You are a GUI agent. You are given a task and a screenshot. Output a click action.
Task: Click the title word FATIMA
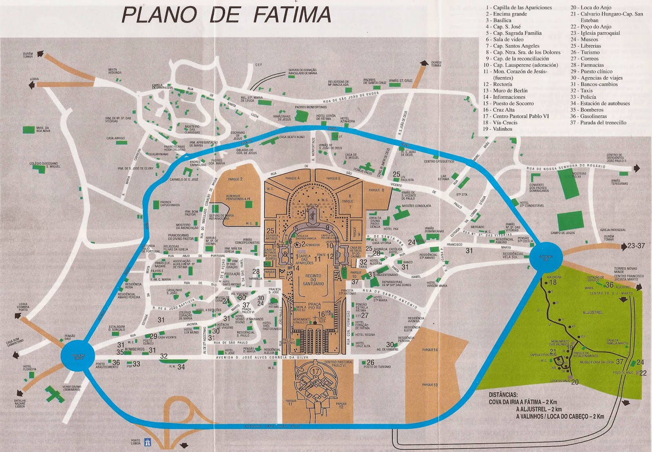click(292, 15)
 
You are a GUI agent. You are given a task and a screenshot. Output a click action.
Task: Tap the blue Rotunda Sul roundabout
click(546, 257)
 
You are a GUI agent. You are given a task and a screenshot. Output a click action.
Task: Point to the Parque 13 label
click(430, 385)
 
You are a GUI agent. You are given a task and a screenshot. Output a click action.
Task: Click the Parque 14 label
click(430, 350)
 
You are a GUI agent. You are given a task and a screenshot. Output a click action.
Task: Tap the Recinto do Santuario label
click(313, 280)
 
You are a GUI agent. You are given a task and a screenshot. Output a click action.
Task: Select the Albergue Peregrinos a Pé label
click(238, 197)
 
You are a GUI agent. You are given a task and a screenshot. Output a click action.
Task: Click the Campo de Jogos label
click(563, 233)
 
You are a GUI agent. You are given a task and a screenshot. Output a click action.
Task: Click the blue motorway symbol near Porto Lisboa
click(148, 442)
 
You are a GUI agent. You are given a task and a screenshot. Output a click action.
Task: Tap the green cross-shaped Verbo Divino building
click(53, 394)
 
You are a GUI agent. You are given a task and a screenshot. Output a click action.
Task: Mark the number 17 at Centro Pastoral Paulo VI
click(316, 371)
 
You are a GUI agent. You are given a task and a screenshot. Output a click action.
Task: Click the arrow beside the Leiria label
click(31, 85)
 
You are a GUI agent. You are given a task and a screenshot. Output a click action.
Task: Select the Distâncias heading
click(503, 395)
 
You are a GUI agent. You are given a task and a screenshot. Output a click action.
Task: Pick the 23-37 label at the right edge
click(636, 246)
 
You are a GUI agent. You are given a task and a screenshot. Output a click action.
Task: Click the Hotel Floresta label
click(30, 368)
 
